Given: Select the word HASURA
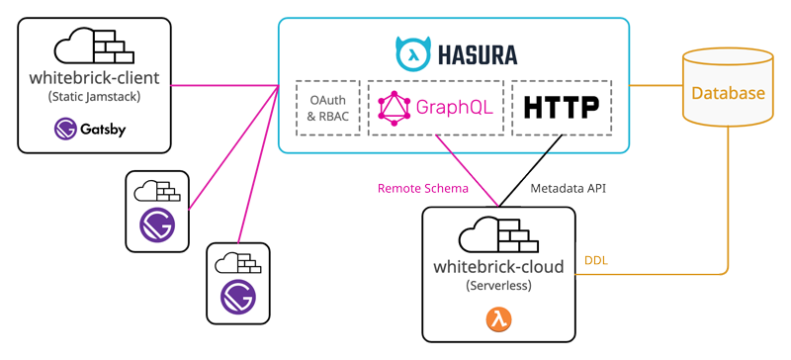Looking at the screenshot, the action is pyautogui.click(x=478, y=54).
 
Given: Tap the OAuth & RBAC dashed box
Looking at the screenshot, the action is pyautogui.click(x=328, y=108).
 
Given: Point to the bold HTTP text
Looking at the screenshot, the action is pyautogui.click(x=562, y=108).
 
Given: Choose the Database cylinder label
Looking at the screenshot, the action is pyautogui.click(x=728, y=93).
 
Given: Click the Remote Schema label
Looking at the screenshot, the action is pyautogui.click(x=423, y=189).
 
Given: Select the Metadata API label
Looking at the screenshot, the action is pyautogui.click(x=568, y=189).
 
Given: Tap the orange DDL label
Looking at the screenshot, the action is pyautogui.click(x=596, y=261).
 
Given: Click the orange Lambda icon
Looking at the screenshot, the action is pyautogui.click(x=498, y=319).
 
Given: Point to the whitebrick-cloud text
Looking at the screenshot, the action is pyautogui.click(x=498, y=267).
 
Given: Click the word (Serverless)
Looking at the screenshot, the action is pyautogui.click(x=498, y=285).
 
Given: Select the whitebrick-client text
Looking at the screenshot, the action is pyautogui.click(x=94, y=78).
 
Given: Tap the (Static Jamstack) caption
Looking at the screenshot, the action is pyautogui.click(x=94, y=97).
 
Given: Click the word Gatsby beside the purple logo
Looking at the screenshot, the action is pyautogui.click(x=103, y=130).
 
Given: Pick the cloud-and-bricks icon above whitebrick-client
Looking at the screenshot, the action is pyautogui.click(x=94, y=45).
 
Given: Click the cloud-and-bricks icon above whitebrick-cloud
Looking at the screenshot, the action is pyautogui.click(x=498, y=234).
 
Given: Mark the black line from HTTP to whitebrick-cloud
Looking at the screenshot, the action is pyautogui.click(x=530, y=171).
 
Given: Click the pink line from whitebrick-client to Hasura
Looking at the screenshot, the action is pyautogui.click(x=225, y=85).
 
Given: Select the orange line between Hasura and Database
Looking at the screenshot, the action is pyautogui.click(x=656, y=85).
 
